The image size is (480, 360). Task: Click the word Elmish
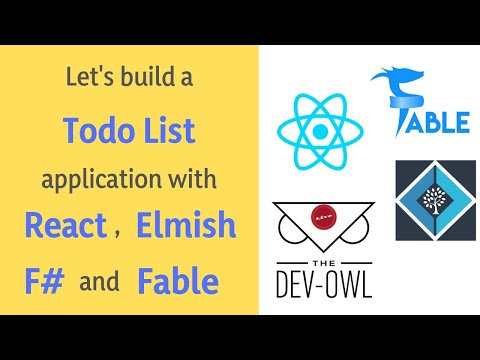(x=187, y=228)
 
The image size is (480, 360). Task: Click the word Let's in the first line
(x=83, y=76)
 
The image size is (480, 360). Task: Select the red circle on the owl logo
(x=320, y=218)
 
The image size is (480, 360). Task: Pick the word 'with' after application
(x=191, y=181)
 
